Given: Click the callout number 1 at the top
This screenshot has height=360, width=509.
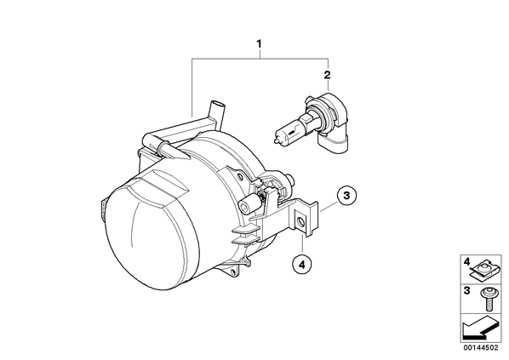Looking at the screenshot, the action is point(259,43).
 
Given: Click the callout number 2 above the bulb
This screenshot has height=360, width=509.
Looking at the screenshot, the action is point(327,75).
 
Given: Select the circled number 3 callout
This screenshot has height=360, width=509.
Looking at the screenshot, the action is point(346,196).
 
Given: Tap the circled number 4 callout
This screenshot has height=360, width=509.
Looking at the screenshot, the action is point(302,265).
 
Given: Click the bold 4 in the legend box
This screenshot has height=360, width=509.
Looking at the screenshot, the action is point(466,260).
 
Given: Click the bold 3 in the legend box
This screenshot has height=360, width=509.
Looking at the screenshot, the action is point(466,290).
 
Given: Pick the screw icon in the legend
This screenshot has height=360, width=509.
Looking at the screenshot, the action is point(486,300).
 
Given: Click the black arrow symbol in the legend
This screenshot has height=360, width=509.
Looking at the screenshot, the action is point(478,329).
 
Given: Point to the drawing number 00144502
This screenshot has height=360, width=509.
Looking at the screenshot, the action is point(480,348).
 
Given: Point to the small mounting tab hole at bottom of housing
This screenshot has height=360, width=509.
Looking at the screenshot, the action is point(232,271).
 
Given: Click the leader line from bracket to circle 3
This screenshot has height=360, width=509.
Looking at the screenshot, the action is point(329,207).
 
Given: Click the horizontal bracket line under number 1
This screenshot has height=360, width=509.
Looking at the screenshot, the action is point(260,59).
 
